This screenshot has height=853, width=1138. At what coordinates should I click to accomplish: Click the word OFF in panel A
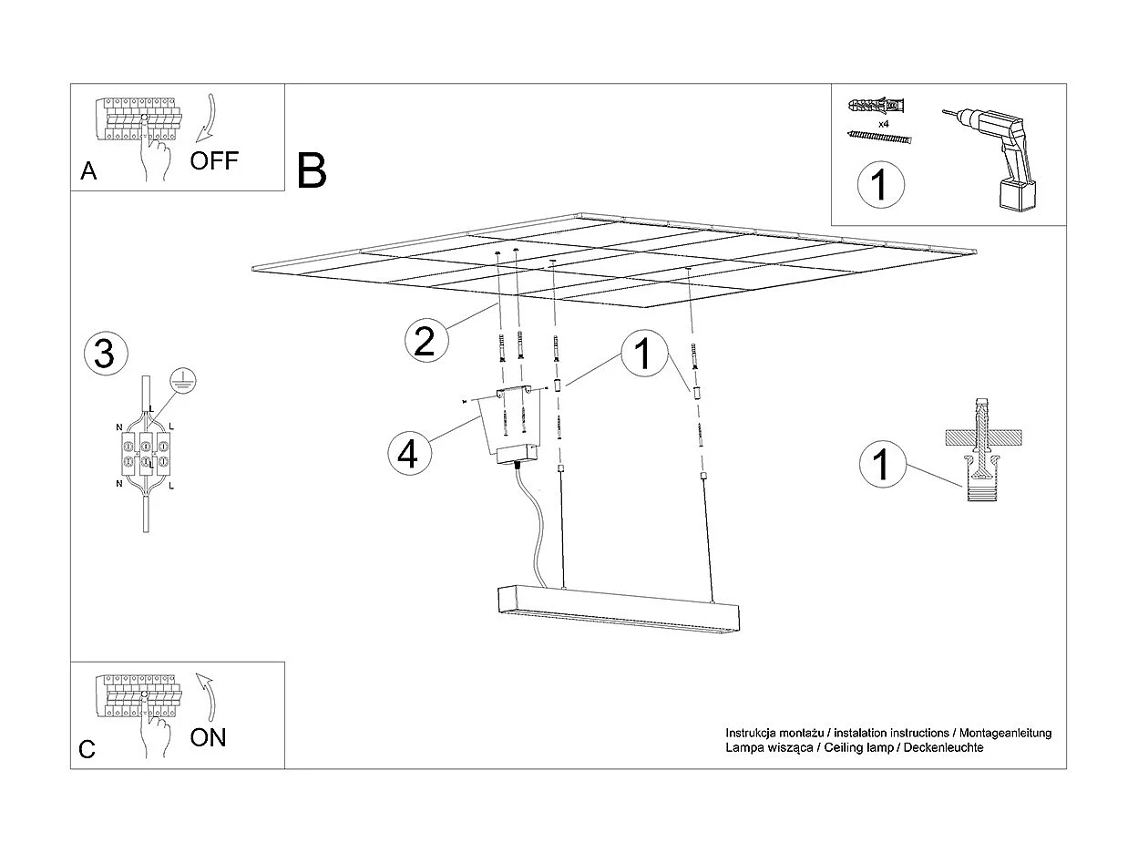pos(213,161)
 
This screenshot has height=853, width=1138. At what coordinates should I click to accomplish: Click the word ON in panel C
pos(209,737)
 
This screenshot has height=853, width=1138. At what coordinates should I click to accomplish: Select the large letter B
pos(312,170)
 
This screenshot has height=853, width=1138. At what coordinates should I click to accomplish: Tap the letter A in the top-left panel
pos(88,171)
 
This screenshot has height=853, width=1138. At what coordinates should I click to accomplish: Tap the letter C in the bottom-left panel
pos(87,749)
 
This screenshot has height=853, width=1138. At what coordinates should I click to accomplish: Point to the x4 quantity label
pos(883,122)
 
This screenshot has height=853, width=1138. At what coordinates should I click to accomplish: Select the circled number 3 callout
pos(104,355)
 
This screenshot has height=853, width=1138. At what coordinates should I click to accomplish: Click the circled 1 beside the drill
pos(880,184)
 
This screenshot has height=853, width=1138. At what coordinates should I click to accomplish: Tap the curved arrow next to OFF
pos(207,116)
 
